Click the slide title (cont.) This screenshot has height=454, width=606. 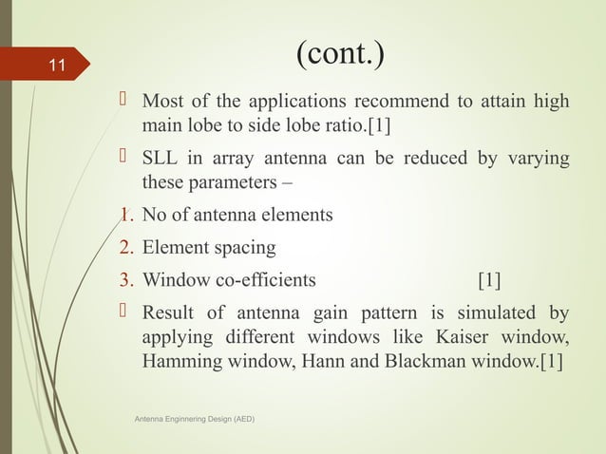click(339, 55)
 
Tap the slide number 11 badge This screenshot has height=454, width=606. click(57, 66)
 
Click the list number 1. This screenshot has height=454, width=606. click(124, 216)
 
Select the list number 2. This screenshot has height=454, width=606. click(124, 249)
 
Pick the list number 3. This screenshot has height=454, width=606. click(124, 280)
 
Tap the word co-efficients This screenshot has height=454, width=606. click(256, 280)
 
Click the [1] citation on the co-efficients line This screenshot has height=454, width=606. click(490, 280)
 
